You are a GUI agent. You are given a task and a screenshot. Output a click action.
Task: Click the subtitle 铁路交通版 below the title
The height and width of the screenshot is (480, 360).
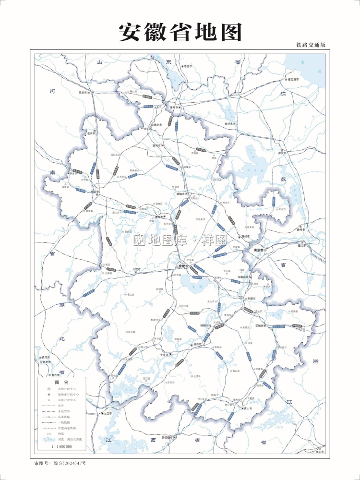(x=311, y=45)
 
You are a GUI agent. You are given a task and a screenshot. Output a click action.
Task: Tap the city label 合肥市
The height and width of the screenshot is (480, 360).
(x=184, y=265)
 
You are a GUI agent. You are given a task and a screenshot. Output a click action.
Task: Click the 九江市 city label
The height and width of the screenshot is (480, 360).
(x=106, y=413)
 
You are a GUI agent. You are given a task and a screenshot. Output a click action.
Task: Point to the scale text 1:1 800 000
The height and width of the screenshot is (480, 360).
(x=62, y=446)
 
